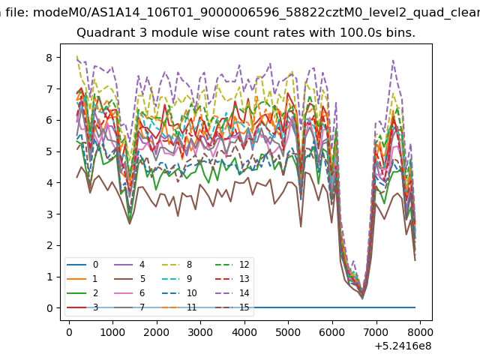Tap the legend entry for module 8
point(177,265)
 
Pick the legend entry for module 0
point(82,265)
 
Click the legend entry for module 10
point(179,293)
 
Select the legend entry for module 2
point(82,293)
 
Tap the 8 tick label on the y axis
point(49,58)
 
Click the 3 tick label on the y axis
point(49,214)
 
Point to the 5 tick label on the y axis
point(49,151)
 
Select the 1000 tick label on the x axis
point(113,332)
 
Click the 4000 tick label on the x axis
point(244,332)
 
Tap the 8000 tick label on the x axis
point(420,332)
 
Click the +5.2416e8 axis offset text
point(403,346)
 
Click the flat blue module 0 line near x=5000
point(288,307)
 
